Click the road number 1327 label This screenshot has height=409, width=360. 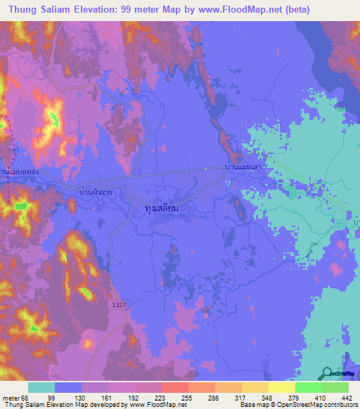click(117, 303)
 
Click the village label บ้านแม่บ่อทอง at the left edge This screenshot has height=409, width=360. click(13, 171)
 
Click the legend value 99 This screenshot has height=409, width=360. click(69, 397)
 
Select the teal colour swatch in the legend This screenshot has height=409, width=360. click(41, 387)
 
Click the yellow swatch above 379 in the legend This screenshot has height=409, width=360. click(282, 387)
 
